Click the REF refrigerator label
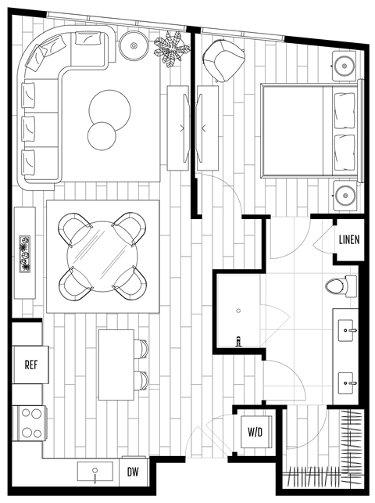[31, 365]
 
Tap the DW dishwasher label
[134, 472]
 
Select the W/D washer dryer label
[255, 432]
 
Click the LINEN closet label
[348, 239]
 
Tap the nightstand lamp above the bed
[345, 65]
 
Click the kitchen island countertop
[116, 365]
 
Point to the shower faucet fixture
[237, 340]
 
